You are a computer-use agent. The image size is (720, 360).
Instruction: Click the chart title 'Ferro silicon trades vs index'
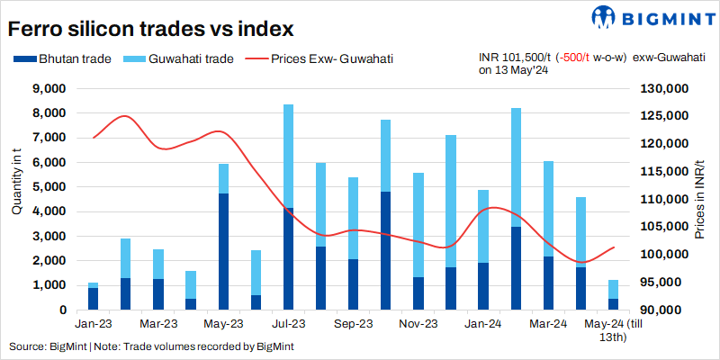tap(150, 29)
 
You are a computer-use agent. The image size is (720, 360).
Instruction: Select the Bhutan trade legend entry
tap(63, 59)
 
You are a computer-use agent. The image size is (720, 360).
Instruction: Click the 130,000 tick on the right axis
tap(663, 89)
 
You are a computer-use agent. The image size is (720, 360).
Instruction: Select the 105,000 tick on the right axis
tap(663, 227)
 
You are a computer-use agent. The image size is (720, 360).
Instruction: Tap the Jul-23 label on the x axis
tap(288, 323)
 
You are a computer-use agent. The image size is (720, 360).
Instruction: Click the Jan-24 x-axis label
tap(483, 323)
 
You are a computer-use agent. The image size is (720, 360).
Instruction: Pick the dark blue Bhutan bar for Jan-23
tap(93, 299)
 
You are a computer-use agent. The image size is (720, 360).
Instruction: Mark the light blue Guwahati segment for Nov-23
tap(418, 225)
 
